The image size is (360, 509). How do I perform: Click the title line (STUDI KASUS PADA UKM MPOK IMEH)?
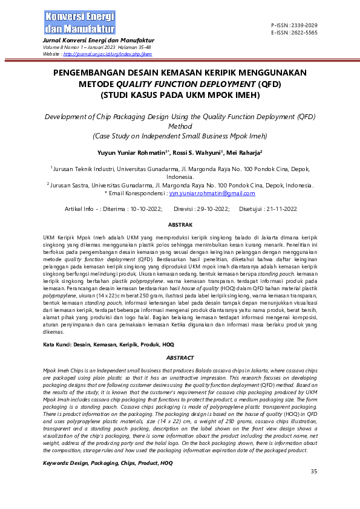[180, 95]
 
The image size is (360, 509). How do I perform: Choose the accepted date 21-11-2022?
[278, 209]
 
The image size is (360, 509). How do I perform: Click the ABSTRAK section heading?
[180, 224]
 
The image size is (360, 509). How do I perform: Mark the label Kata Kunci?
[59, 344]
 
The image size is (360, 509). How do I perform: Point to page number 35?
[313, 472]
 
